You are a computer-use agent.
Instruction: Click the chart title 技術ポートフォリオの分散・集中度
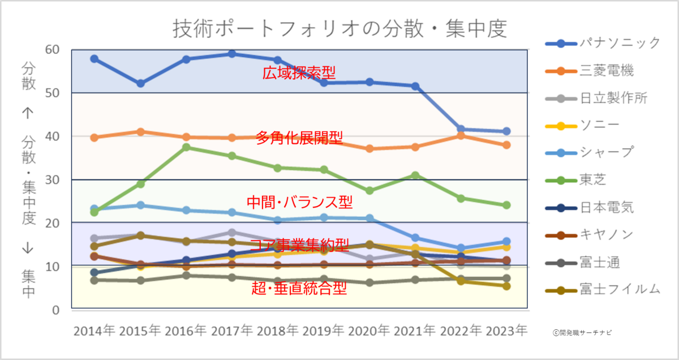(x=340, y=29)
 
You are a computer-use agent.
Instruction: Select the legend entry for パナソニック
(x=603, y=43)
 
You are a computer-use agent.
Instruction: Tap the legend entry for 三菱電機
(x=589, y=71)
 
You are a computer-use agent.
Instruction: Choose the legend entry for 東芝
(x=575, y=180)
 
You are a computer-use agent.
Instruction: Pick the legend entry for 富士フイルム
(x=603, y=290)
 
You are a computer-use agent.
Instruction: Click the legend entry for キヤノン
(x=589, y=235)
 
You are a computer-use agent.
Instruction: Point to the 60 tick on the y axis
(x=52, y=50)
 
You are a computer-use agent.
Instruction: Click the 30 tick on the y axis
(x=52, y=180)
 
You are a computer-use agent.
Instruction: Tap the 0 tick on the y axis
(x=56, y=310)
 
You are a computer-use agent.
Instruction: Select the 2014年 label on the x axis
(x=94, y=331)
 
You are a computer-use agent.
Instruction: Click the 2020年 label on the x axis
(x=369, y=331)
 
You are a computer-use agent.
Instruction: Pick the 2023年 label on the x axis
(x=506, y=331)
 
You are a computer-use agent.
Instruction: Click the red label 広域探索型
(x=299, y=73)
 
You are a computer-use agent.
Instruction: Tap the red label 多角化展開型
(x=299, y=138)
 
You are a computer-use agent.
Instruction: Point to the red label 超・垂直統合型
(x=299, y=288)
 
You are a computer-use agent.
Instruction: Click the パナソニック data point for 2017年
(x=232, y=54)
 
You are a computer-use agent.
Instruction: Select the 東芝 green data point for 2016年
(x=186, y=147)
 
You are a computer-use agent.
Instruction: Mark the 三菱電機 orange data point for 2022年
(x=461, y=136)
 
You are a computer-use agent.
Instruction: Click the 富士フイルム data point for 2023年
(x=506, y=286)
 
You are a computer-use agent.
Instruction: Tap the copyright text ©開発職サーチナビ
(x=582, y=333)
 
